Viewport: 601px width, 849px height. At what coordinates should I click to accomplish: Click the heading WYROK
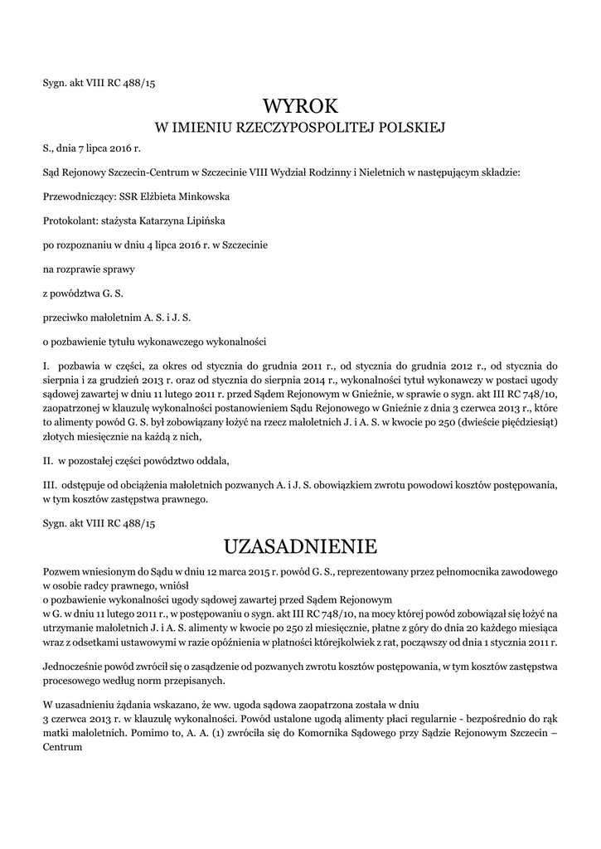point(300,105)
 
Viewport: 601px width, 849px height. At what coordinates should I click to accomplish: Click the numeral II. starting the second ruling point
point(48,460)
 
